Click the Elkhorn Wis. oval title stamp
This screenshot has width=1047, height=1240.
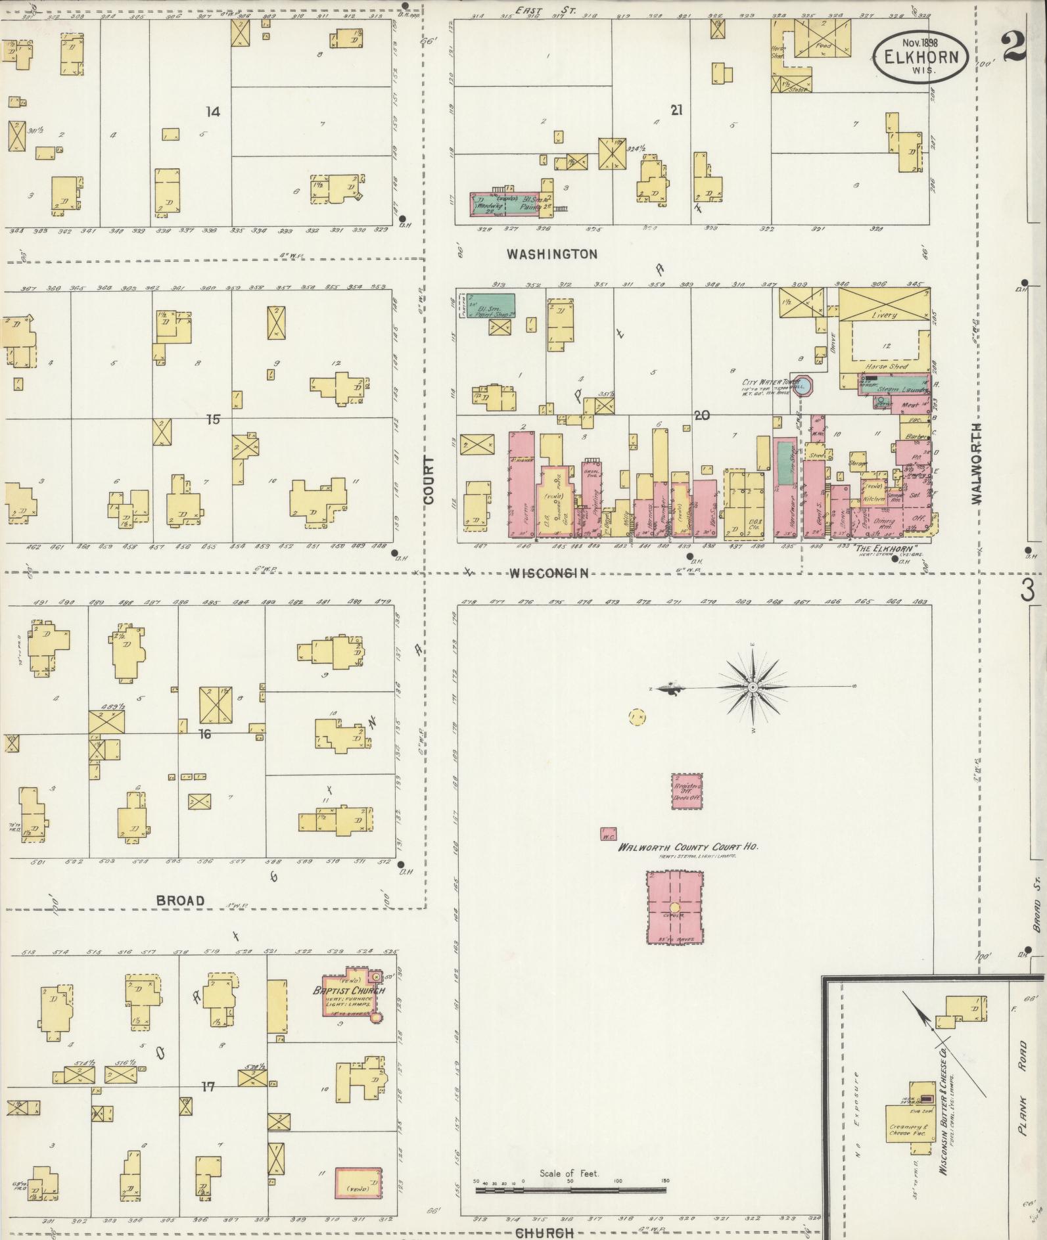pos(920,57)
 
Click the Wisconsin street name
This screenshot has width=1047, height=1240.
pos(548,574)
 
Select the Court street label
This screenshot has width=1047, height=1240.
pos(429,480)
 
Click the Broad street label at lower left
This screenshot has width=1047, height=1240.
pos(181,900)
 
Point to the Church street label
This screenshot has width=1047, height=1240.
pos(545,1232)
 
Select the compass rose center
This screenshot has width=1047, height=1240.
pos(752,687)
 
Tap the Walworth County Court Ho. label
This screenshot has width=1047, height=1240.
pos(688,847)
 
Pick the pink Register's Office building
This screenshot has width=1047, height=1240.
pos(686,791)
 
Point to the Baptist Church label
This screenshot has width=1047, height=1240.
pos(349,991)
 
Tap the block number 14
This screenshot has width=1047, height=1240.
pos(212,112)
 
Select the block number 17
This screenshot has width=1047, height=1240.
pos(208,1086)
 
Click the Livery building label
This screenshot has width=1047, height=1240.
pos(884,315)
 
